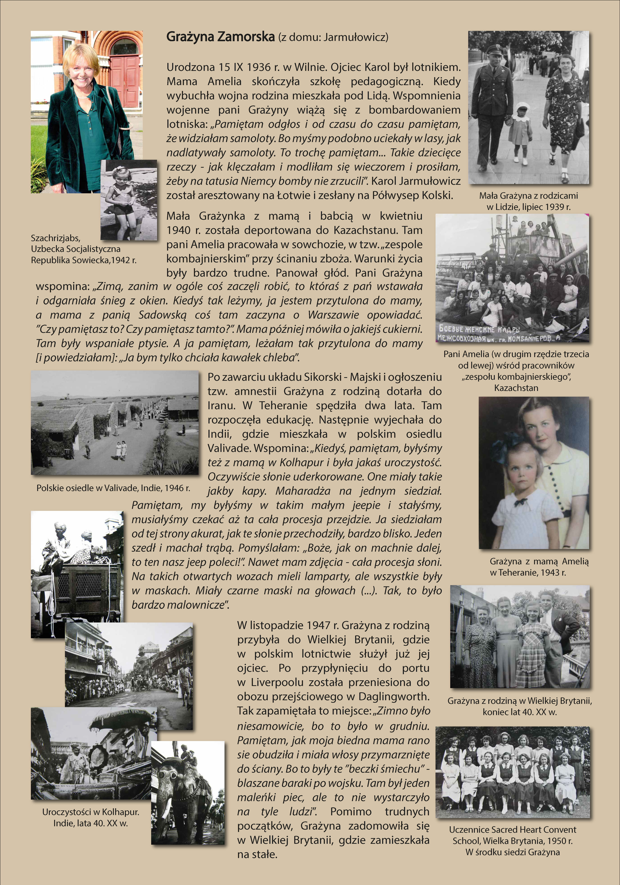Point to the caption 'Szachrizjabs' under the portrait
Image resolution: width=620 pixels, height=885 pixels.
point(55,238)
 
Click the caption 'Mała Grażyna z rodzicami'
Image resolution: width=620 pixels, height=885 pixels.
point(528,196)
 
